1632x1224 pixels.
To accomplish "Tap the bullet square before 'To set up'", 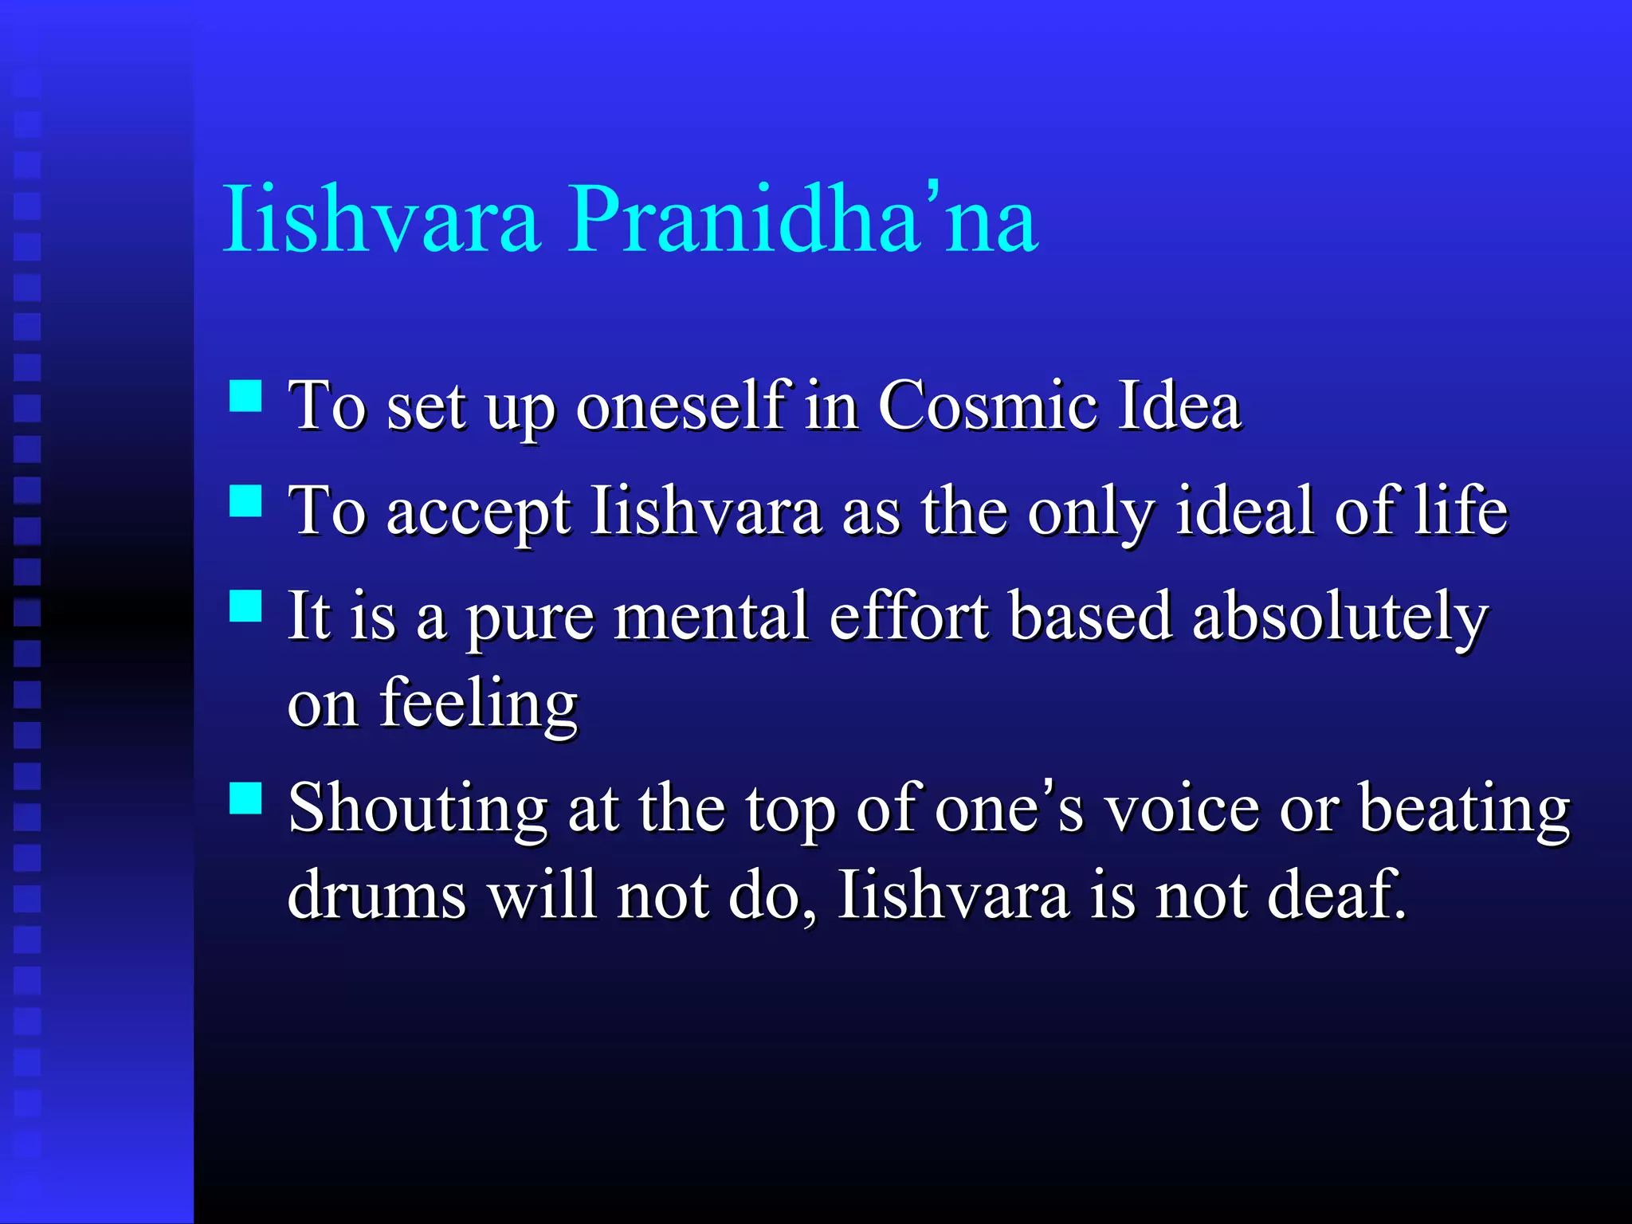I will [245, 395].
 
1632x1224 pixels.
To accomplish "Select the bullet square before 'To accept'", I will [245, 501].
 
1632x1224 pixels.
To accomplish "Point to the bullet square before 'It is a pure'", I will [245, 606].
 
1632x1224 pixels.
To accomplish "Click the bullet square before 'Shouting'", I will [245, 798].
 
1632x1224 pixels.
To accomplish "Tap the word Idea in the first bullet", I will [1179, 406].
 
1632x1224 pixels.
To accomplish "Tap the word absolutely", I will [1340, 618].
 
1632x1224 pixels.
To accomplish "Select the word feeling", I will [478, 704].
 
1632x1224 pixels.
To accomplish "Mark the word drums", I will [376, 895].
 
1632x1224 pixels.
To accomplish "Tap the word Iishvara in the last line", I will [953, 895].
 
